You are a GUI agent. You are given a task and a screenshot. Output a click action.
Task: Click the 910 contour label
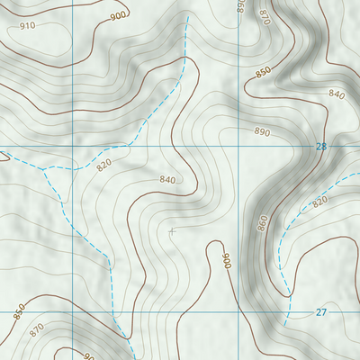coord(28,25)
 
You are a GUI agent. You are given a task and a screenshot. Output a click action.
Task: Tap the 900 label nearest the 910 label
coord(118,15)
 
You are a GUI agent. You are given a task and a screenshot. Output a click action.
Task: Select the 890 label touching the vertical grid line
coord(240,6)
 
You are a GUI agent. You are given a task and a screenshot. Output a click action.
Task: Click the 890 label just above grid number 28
coord(262,131)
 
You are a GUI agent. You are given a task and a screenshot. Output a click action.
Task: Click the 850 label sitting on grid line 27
coord(19,311)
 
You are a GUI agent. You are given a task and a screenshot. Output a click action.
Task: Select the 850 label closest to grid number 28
coord(263,71)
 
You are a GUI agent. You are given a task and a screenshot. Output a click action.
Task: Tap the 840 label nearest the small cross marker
coord(167,180)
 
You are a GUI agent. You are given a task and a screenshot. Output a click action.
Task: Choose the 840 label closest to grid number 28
coord(337,94)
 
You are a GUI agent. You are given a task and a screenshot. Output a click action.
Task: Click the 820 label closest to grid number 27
coord(319,202)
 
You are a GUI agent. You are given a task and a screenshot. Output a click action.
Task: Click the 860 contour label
coord(263,222)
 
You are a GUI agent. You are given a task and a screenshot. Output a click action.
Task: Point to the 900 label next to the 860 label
coord(226,262)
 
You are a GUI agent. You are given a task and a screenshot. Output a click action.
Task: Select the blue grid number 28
coord(321,146)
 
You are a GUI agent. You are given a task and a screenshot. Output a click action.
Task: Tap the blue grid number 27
coord(321,312)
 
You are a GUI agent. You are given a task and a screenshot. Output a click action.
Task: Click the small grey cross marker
coord(172,231)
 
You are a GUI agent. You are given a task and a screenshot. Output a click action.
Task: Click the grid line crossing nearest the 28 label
coord(240,146)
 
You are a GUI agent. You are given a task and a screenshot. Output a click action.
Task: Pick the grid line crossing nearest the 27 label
coord(240,312)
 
